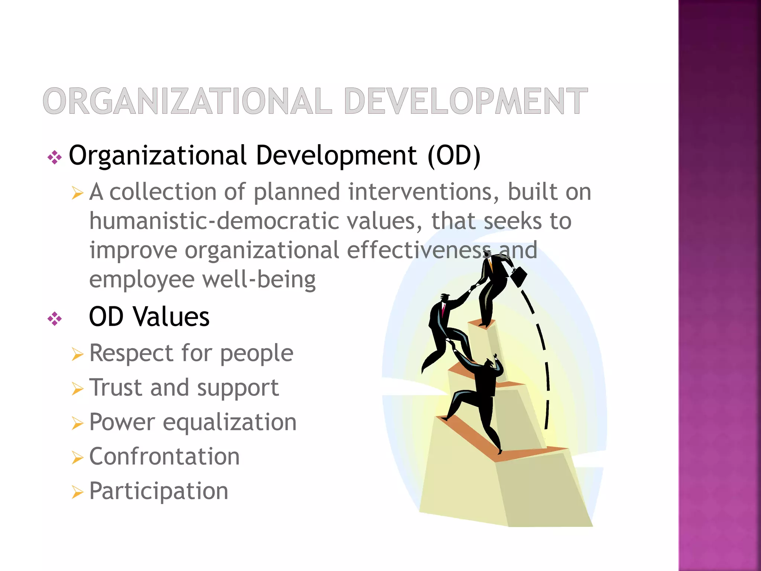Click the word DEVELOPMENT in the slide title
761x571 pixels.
466,101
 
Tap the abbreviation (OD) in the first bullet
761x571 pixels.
454,155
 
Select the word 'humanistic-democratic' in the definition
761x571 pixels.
214,221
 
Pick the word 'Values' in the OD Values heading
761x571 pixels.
171,317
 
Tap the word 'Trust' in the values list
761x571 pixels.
116,387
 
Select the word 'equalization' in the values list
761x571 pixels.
230,422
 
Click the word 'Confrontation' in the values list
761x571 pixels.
164,457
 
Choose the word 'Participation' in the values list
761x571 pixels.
159,491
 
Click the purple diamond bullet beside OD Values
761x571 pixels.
55,319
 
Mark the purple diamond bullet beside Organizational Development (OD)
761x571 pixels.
55,158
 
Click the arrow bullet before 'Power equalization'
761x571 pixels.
77,423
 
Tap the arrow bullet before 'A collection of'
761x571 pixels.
77,193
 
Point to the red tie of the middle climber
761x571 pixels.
443,310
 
